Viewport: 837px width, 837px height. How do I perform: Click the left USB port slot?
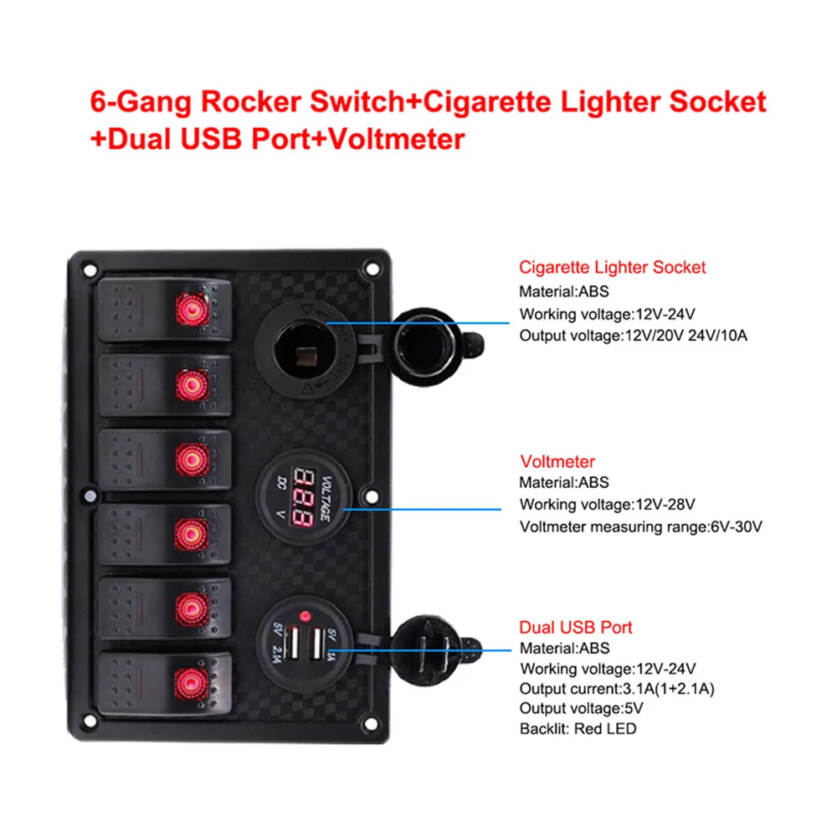coord(294,644)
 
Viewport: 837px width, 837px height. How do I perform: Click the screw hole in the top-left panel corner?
coord(85,269)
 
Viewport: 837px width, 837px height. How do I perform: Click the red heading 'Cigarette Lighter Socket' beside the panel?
coord(612,268)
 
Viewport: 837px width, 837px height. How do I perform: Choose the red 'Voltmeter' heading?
coord(557,461)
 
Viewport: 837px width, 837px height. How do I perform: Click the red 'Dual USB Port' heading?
coord(575,627)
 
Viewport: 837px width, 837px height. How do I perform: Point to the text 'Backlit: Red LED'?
coord(578,728)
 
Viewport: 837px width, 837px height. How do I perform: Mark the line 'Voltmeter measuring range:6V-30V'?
coord(640,526)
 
